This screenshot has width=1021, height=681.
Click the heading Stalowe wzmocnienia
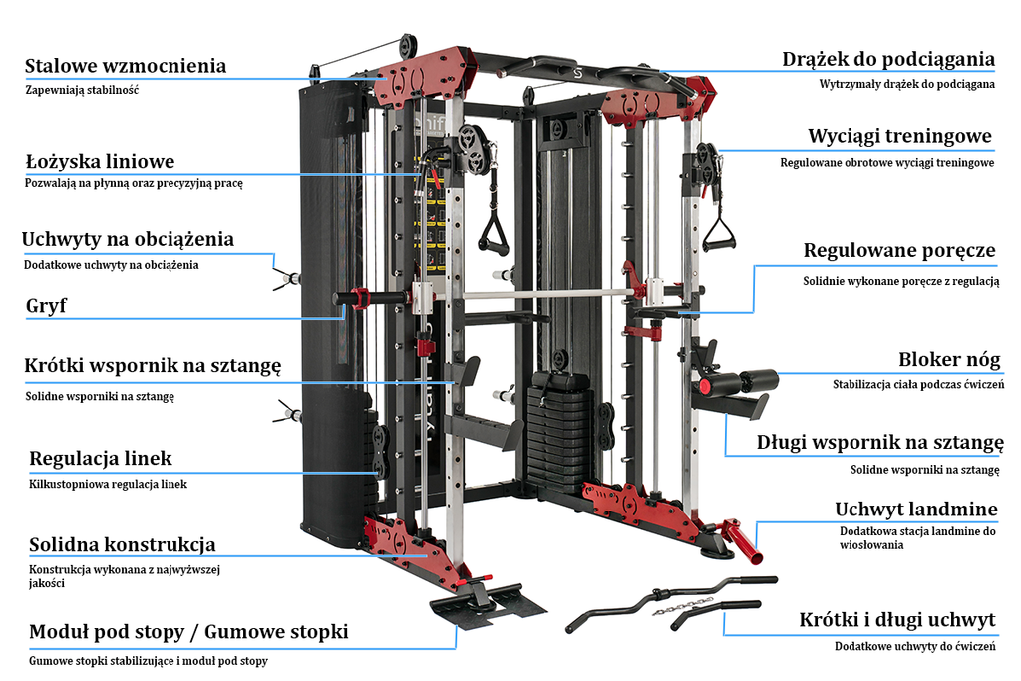tap(126, 66)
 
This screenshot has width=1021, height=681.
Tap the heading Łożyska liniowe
tap(100, 161)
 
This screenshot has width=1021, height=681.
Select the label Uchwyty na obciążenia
tap(129, 239)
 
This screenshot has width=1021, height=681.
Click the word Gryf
tap(46, 306)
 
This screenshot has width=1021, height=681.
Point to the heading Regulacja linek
tap(101, 459)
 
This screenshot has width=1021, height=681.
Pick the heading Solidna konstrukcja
tap(123, 545)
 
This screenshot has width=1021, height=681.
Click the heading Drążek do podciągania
tap(887, 59)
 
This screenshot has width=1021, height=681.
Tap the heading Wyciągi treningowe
tap(899, 136)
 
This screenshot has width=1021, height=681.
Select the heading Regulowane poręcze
tap(899, 250)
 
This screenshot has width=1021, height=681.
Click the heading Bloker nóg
tap(949, 360)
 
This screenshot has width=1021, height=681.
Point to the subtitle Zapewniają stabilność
tap(82, 90)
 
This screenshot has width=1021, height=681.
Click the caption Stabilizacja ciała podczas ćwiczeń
tap(918, 384)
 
